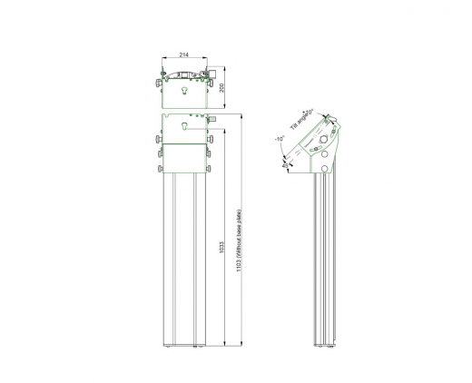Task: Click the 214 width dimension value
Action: click(x=184, y=54)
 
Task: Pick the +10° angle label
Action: click(x=310, y=112)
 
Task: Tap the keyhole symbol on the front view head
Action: click(x=184, y=127)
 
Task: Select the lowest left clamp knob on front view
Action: click(x=159, y=168)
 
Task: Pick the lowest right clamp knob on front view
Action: click(x=210, y=168)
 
